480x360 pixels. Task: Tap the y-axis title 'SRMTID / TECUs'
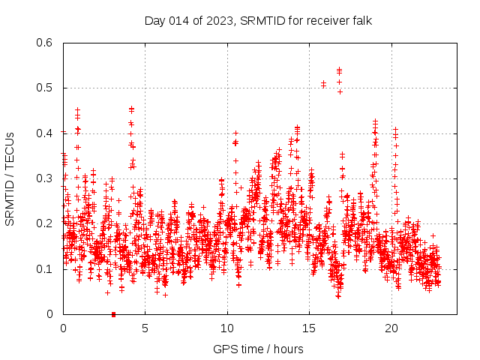point(10,178)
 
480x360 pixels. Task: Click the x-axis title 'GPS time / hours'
point(258,349)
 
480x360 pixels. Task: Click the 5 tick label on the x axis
point(145,328)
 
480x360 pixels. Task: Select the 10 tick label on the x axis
point(227,328)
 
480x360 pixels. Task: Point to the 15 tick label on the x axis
point(310,328)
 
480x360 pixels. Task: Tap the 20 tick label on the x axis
point(391,328)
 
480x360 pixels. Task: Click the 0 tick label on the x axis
point(63,328)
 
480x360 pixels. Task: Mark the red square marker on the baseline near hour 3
point(113,314)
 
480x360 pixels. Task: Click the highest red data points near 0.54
point(339,70)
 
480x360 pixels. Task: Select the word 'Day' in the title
point(154,20)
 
